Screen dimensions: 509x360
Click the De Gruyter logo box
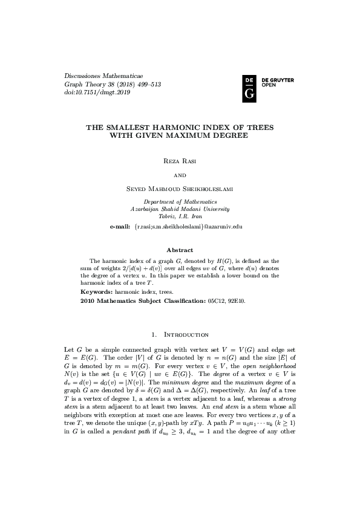point(249,88)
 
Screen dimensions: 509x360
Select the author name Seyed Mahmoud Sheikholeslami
point(180,189)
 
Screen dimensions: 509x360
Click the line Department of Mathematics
point(180,201)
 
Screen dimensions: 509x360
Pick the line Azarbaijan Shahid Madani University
point(180,209)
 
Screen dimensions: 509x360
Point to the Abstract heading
point(180,250)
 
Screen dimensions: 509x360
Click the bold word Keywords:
point(97,291)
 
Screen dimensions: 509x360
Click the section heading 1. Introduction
point(180,334)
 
